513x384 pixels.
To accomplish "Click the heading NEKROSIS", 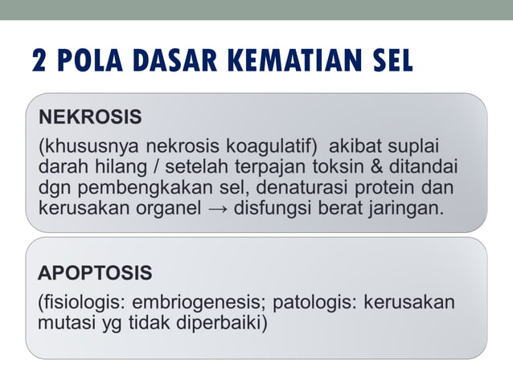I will tap(90, 117).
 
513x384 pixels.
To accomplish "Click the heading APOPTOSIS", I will tap(95, 273).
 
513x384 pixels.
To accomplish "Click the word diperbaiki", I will tap(223, 323).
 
